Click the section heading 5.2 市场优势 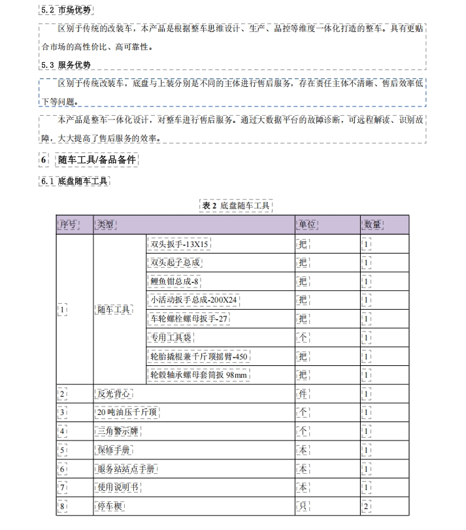tap(65, 10)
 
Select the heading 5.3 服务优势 tap(65, 65)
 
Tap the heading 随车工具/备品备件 tap(97, 160)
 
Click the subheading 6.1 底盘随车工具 tap(74, 182)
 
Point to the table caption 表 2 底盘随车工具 tap(236, 206)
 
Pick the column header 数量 tap(373, 225)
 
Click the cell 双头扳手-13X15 tap(179, 244)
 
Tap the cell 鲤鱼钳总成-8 tap(175, 282)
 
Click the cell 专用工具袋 tap(171, 338)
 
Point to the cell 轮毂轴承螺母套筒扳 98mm tap(199, 375)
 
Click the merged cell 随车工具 tap(114, 310)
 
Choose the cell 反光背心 tap(114, 394)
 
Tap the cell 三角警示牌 tap(118, 432)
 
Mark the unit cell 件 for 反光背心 tap(303, 394)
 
